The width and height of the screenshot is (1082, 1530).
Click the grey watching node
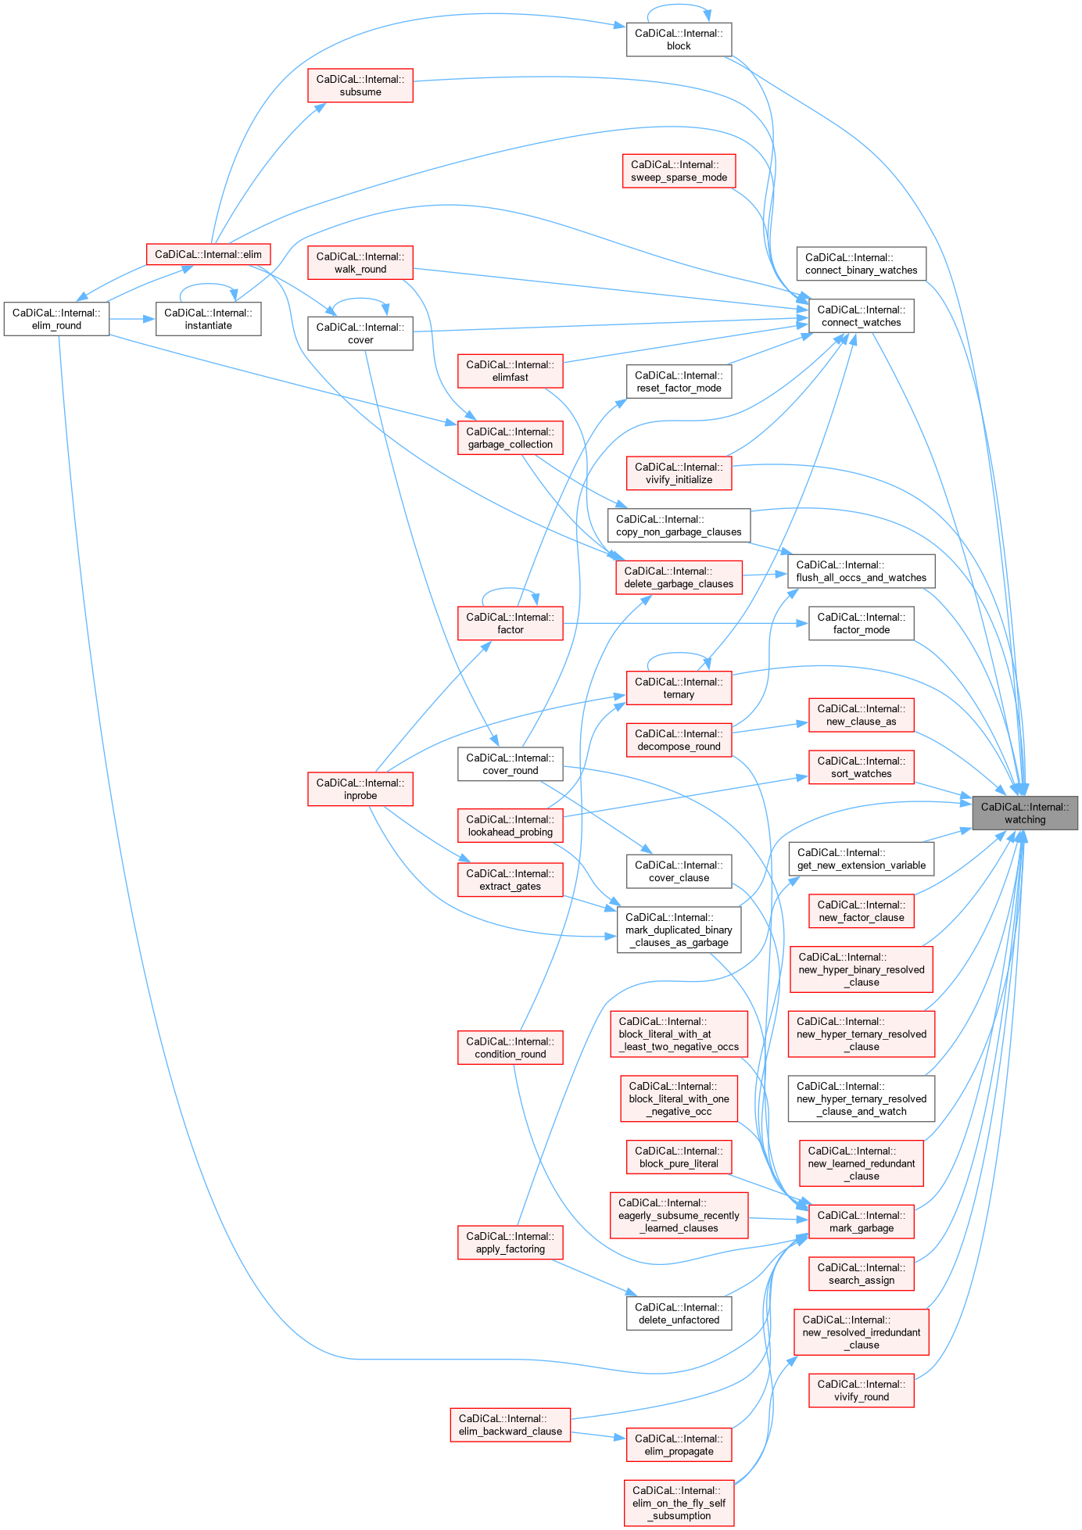(1024, 813)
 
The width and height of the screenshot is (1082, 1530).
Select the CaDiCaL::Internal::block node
(679, 39)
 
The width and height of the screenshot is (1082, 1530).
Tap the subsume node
(360, 85)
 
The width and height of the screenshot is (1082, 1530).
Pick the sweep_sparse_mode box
(679, 170)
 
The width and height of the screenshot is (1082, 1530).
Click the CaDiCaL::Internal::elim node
(208, 254)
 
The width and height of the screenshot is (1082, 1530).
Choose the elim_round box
(56, 319)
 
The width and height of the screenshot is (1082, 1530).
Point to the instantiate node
(208, 319)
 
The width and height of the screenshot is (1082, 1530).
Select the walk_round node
(360, 263)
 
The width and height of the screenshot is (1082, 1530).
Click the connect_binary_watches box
(861, 263)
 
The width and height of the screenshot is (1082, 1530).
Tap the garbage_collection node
(510, 438)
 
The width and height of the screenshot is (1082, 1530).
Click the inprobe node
(360, 789)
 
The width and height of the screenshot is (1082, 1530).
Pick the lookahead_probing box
(510, 826)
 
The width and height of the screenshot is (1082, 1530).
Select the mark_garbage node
(861, 1221)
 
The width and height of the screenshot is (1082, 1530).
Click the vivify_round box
(861, 1390)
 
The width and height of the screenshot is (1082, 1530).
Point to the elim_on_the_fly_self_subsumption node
(679, 1503)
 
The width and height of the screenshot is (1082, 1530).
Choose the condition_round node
(510, 1048)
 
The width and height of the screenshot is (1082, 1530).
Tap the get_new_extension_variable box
(861, 858)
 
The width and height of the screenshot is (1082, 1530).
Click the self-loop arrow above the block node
(679, 6)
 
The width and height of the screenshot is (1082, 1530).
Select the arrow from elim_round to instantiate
(133, 319)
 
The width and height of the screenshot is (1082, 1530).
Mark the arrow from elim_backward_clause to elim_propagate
(598, 1435)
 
